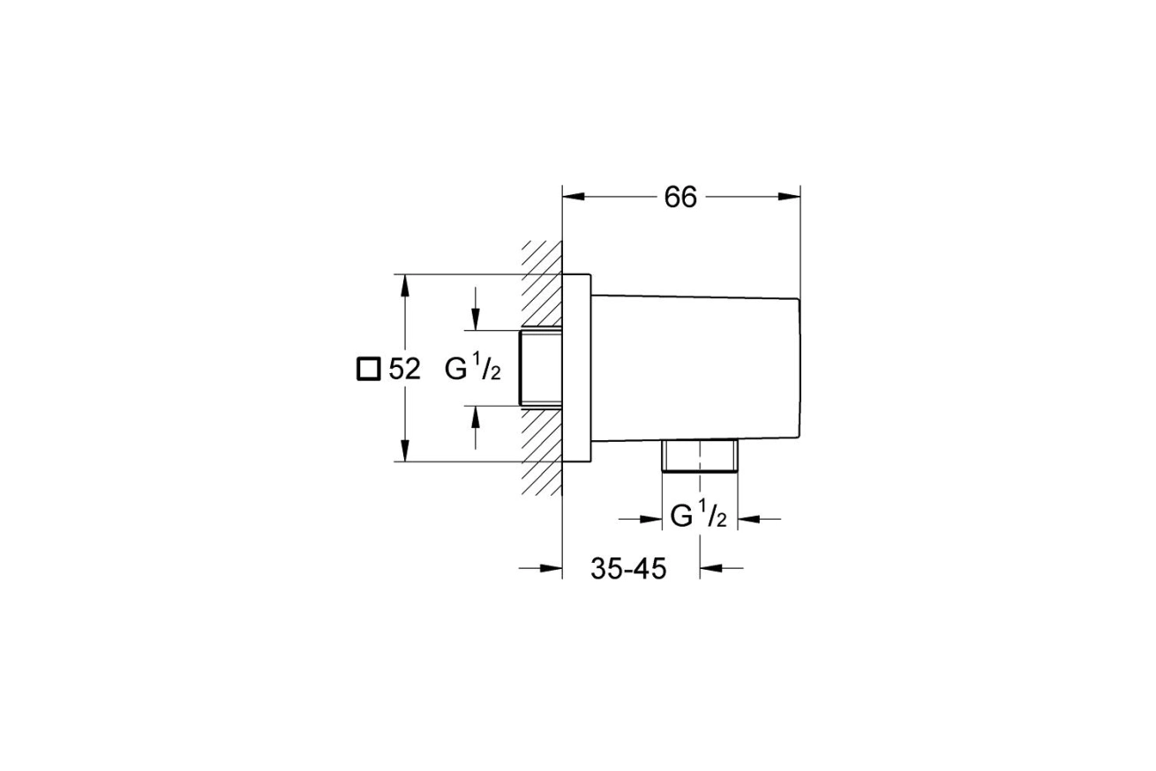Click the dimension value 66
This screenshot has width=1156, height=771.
pos(680,198)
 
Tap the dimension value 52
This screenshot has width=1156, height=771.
pos(404,370)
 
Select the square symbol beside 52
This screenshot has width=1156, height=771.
pos(369,370)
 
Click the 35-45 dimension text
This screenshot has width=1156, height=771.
pos(628,569)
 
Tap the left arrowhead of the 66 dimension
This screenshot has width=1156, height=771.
pos(574,197)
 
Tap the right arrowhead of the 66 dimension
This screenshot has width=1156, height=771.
pos(789,197)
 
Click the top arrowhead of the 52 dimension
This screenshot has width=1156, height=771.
pos(405,286)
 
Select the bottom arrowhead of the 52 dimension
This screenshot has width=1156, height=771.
pos(405,451)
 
